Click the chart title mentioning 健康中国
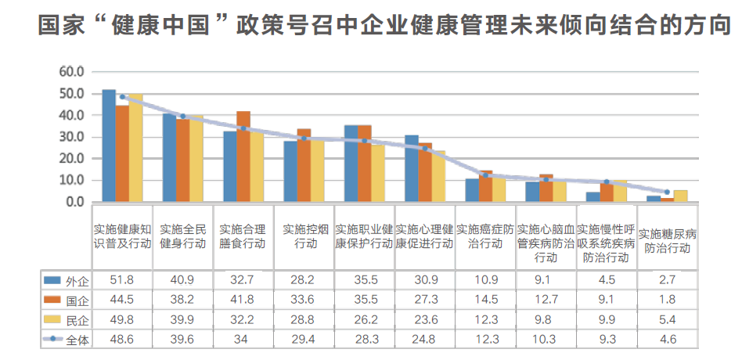click(384, 27)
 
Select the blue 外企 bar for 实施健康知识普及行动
click(109, 146)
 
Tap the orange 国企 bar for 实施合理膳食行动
click(243, 157)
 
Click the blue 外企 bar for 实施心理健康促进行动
click(412, 168)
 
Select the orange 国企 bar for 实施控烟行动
click(304, 165)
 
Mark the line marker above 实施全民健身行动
click(183, 117)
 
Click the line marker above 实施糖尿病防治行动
click(667, 192)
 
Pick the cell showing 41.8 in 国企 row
click(243, 299)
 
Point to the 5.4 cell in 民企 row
click(667, 319)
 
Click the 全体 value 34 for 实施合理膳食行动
click(243, 339)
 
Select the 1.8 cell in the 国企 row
click(667, 299)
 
